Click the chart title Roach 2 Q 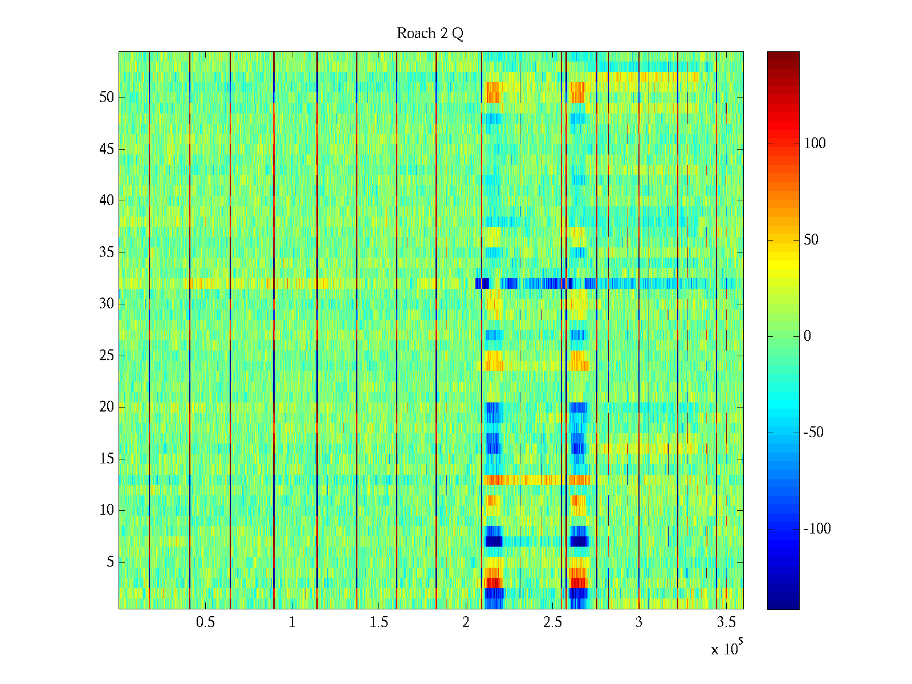click(x=430, y=34)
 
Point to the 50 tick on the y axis click(x=106, y=97)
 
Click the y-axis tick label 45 click(x=106, y=149)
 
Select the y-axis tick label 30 click(x=106, y=304)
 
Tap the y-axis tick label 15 click(x=106, y=459)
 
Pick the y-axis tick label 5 click(x=110, y=562)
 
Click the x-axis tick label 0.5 click(x=205, y=622)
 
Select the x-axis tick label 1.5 click(x=378, y=622)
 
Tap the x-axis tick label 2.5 click(x=552, y=622)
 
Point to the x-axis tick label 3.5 click(x=726, y=622)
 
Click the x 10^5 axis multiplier click(x=727, y=648)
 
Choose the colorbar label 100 click(x=815, y=143)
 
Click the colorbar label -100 click(x=817, y=529)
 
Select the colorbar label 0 click(x=807, y=336)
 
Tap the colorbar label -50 click(x=813, y=433)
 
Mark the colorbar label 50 click(x=811, y=239)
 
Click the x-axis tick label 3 click(x=639, y=622)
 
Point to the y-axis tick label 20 click(x=106, y=407)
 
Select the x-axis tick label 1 click(x=292, y=622)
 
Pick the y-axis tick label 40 click(x=106, y=201)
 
